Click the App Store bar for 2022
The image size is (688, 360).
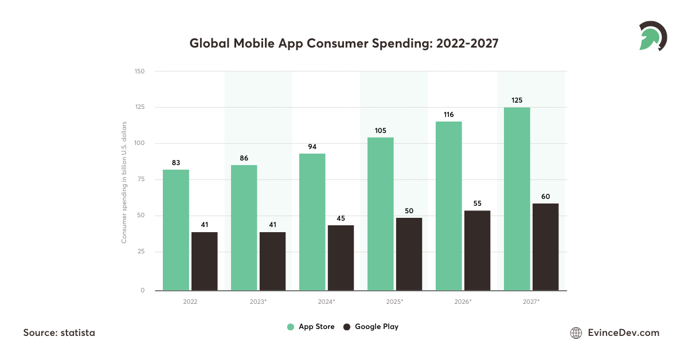pos(176,230)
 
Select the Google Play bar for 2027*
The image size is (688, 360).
pos(545,247)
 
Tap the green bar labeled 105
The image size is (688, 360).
pos(381,214)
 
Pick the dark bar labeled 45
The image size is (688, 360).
pos(341,258)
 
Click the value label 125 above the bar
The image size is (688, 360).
pos(517,101)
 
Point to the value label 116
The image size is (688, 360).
pos(448,115)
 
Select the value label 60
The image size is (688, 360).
pos(545,197)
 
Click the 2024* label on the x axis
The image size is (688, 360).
pos(326,301)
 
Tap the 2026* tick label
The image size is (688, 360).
pos(463,301)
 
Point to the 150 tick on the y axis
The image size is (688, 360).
pos(140,71)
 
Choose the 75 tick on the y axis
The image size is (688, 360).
pos(141,179)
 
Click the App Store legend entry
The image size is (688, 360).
pos(311,327)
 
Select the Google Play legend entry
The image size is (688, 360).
pos(370,327)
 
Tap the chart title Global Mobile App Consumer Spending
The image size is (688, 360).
pos(344,44)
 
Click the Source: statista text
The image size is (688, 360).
pos(59,332)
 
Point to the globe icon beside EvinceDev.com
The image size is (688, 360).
pos(576,332)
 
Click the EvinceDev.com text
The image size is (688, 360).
pos(624,332)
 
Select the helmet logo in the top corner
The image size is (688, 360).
pos(652,36)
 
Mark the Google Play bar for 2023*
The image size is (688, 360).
pos(272,261)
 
